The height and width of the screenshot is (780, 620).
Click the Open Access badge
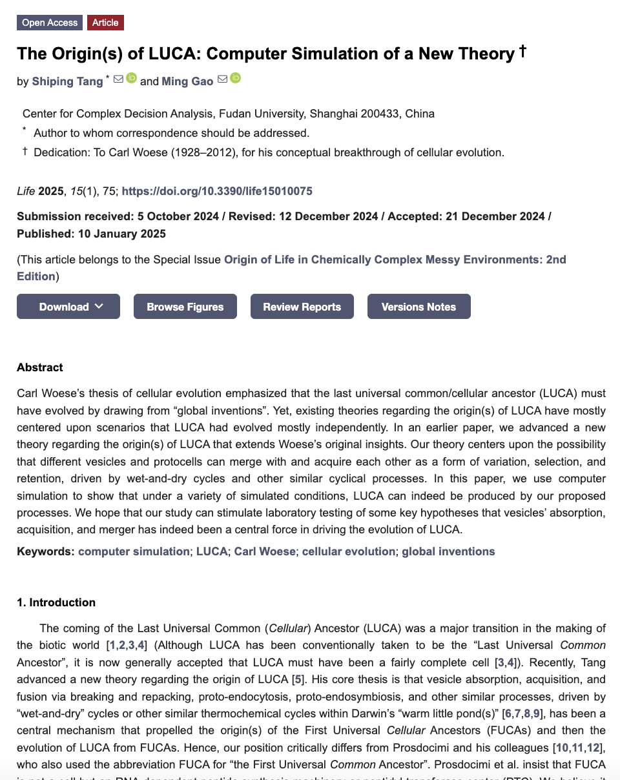(x=50, y=23)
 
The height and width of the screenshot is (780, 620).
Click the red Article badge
(x=105, y=23)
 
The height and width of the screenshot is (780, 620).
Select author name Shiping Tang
(x=67, y=81)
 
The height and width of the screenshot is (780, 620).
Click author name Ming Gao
(x=187, y=81)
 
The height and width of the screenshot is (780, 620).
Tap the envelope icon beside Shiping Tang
(x=118, y=79)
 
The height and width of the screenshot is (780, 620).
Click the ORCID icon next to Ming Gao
(x=235, y=79)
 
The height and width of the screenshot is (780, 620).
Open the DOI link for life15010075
(x=217, y=191)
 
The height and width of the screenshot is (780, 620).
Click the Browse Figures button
(x=185, y=307)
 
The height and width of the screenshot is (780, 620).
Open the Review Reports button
(x=302, y=307)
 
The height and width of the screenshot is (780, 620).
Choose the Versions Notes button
(x=418, y=307)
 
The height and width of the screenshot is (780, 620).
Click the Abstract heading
(x=40, y=367)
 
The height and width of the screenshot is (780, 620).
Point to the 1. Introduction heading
(x=56, y=602)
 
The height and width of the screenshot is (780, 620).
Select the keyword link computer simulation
(x=134, y=551)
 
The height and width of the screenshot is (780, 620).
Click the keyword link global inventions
(x=448, y=551)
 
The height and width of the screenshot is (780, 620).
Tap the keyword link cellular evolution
(x=348, y=551)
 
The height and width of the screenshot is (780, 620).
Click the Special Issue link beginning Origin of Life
(x=395, y=260)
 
